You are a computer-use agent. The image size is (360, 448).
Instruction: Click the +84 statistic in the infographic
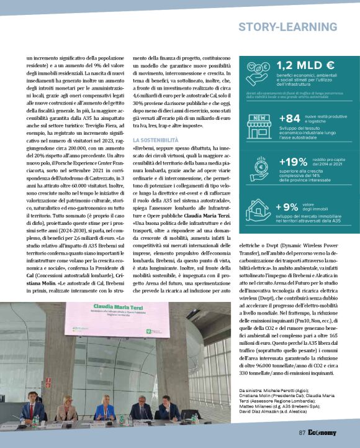coord(290,119)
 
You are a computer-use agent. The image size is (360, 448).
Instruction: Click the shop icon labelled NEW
coord(257,120)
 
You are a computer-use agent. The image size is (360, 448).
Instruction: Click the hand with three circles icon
coord(256,164)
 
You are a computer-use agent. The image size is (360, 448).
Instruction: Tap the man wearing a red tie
coord(32,410)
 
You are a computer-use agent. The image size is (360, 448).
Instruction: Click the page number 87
coord(302,432)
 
